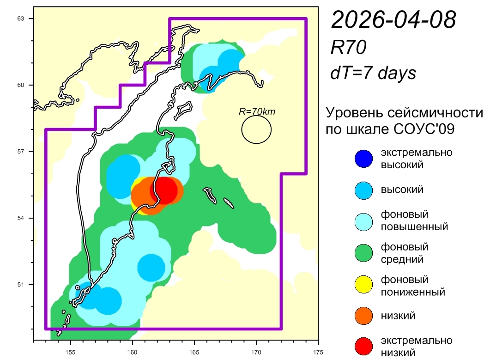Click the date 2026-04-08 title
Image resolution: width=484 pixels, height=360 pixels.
coord(393,20)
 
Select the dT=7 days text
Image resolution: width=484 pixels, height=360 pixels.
coord(373,73)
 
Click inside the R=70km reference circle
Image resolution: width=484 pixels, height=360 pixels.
coord(256,129)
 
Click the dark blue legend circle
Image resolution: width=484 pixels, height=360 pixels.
coord(363,158)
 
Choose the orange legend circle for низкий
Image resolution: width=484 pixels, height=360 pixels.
coord(363,316)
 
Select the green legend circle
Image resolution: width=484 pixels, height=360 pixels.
coord(363,254)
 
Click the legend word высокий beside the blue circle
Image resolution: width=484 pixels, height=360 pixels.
coord(402,189)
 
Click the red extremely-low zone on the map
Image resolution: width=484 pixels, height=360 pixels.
coord(164,189)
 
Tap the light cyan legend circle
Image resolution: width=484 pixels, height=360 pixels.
coord(363,221)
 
